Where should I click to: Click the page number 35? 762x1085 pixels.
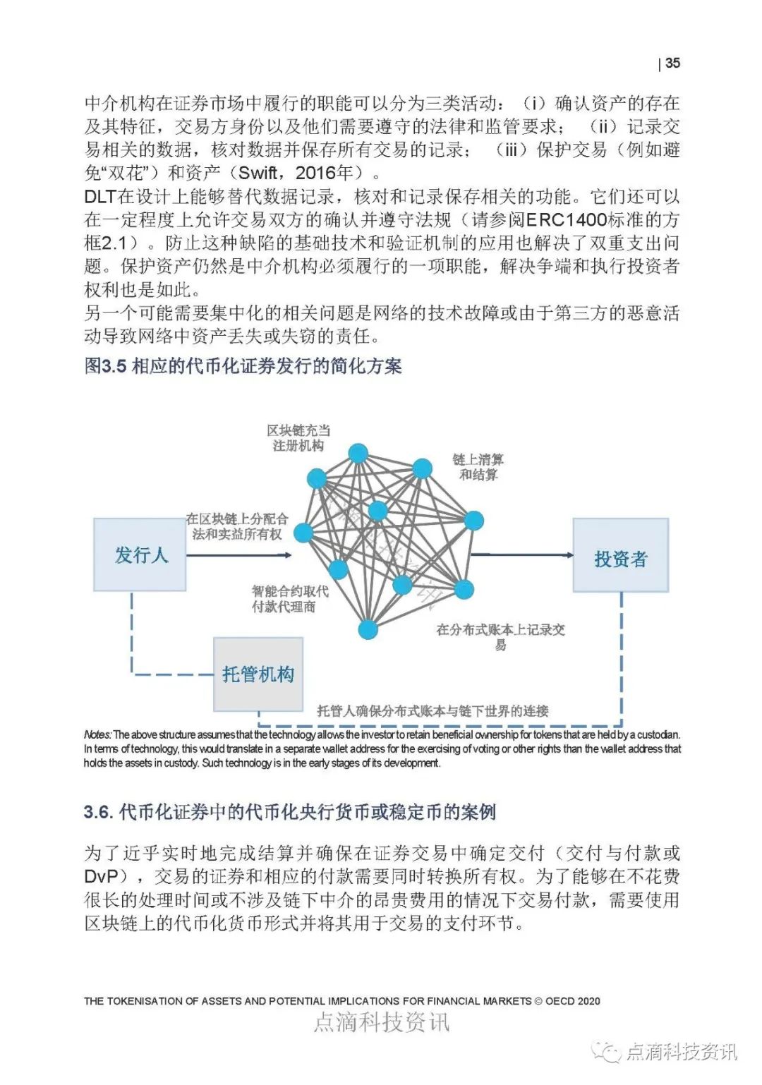(x=672, y=63)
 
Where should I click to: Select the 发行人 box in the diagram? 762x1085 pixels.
(x=140, y=555)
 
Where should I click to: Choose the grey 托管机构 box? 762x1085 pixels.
(x=258, y=674)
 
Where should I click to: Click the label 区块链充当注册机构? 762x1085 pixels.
(x=298, y=438)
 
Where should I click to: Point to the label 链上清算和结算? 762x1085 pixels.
(x=478, y=467)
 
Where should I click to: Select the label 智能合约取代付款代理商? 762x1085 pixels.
(x=289, y=599)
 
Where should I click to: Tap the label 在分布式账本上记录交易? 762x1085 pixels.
(x=501, y=636)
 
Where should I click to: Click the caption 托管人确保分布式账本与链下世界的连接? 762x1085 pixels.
(x=433, y=711)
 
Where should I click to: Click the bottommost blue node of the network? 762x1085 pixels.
(x=368, y=630)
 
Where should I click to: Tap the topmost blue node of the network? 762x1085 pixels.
(x=358, y=453)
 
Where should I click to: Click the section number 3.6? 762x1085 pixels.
(x=98, y=813)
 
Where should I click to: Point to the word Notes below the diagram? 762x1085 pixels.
(x=97, y=735)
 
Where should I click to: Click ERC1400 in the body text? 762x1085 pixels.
(x=567, y=220)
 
